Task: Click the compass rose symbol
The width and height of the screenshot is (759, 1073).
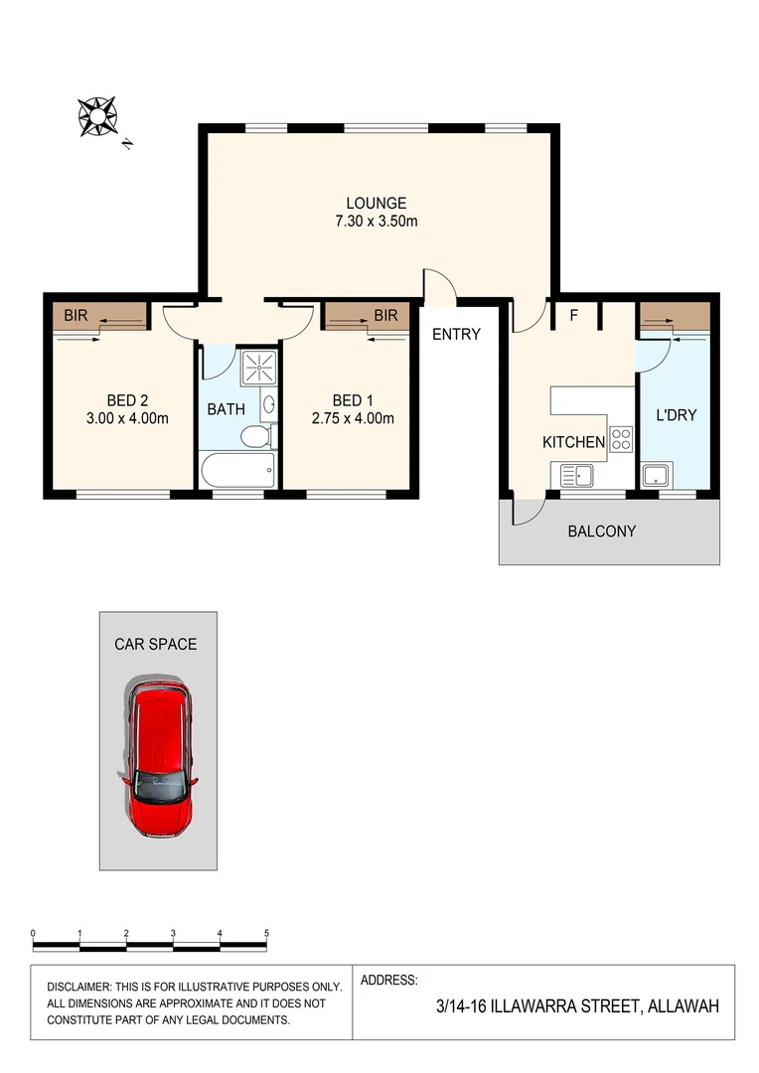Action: pyautogui.click(x=98, y=116)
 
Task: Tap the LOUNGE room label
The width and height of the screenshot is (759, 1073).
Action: pyautogui.click(x=376, y=203)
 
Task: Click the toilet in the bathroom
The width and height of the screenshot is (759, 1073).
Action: pyautogui.click(x=256, y=438)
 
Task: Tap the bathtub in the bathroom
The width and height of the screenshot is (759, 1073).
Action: pyautogui.click(x=236, y=470)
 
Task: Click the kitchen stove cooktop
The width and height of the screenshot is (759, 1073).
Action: pyautogui.click(x=621, y=438)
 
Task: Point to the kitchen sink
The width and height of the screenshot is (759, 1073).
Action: pyautogui.click(x=576, y=475)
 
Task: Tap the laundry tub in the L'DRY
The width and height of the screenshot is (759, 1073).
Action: pyautogui.click(x=654, y=475)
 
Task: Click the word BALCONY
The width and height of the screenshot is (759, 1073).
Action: pyautogui.click(x=601, y=532)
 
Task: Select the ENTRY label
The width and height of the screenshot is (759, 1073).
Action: pyautogui.click(x=456, y=335)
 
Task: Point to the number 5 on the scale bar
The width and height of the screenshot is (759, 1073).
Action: pyautogui.click(x=266, y=933)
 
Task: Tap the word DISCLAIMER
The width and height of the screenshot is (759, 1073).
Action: pyautogui.click(x=83, y=988)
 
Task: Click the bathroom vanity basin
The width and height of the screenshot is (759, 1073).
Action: pyautogui.click(x=270, y=405)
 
